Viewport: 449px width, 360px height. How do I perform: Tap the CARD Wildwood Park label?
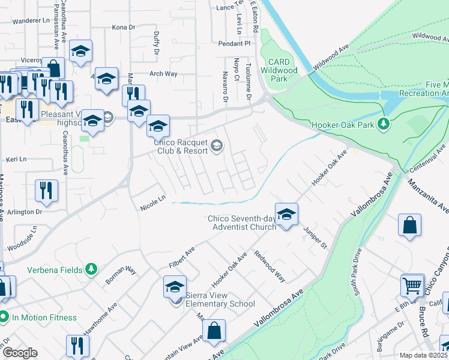[x=280, y=70]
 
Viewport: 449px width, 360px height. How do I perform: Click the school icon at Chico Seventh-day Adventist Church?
[x=287, y=214]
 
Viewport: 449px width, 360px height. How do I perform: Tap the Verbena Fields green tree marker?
[x=91, y=269]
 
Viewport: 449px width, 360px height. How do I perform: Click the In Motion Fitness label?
[x=43, y=317]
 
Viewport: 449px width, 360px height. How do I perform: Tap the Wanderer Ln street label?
[x=31, y=20]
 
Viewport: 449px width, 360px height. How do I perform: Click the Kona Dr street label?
[x=124, y=27]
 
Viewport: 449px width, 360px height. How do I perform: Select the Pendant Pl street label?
[x=234, y=44]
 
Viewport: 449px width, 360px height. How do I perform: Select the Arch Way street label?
[x=163, y=74]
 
